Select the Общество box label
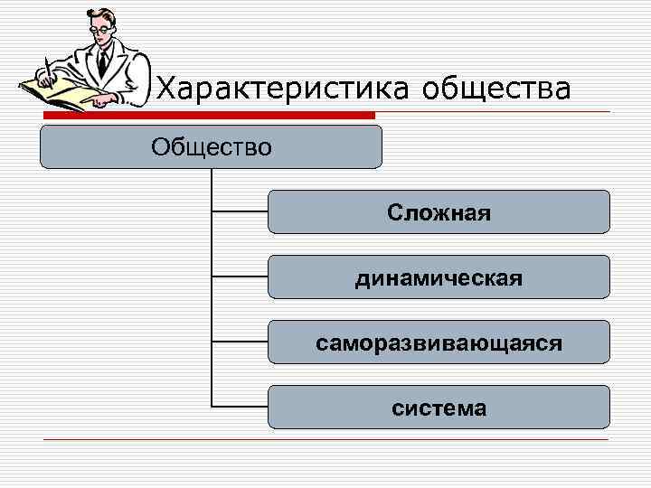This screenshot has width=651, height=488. [x=211, y=146]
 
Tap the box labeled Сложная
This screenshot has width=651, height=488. [x=439, y=212]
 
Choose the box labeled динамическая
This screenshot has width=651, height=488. [x=439, y=277]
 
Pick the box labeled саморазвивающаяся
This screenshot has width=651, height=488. [x=439, y=343]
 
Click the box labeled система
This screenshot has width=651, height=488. [x=439, y=408]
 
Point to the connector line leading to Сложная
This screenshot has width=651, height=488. [x=240, y=212]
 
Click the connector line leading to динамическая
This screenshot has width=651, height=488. [x=240, y=277]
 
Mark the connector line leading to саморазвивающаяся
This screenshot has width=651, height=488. [x=240, y=343]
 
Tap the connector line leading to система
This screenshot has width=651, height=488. [x=240, y=408]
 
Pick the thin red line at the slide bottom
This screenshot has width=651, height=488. [x=325, y=440]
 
